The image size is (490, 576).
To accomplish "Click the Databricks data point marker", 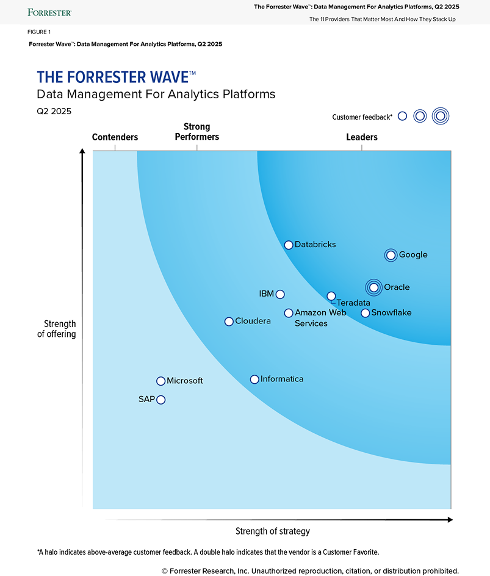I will (x=289, y=245).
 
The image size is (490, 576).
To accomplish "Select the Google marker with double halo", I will (x=391, y=255).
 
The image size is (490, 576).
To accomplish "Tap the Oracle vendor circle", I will (x=373, y=287).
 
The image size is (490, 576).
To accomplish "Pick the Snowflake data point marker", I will (x=365, y=313).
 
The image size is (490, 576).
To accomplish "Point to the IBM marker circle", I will (x=280, y=294).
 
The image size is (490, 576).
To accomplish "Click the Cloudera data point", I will (x=229, y=322).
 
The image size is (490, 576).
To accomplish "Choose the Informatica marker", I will (x=254, y=380).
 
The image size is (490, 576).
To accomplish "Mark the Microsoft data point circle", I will (x=160, y=381).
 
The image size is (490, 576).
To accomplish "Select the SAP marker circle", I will (x=160, y=400).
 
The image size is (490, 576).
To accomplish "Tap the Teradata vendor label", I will (x=353, y=303).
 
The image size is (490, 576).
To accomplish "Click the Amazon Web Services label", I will (x=320, y=318).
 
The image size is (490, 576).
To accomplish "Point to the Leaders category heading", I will (x=362, y=137).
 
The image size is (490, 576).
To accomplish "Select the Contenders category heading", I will (x=115, y=137).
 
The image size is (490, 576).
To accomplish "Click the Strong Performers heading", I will (x=196, y=132).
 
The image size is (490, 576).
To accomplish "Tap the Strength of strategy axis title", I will (x=273, y=531).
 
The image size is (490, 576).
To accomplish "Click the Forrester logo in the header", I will (x=50, y=12).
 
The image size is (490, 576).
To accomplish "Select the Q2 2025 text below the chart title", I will (x=54, y=111).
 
